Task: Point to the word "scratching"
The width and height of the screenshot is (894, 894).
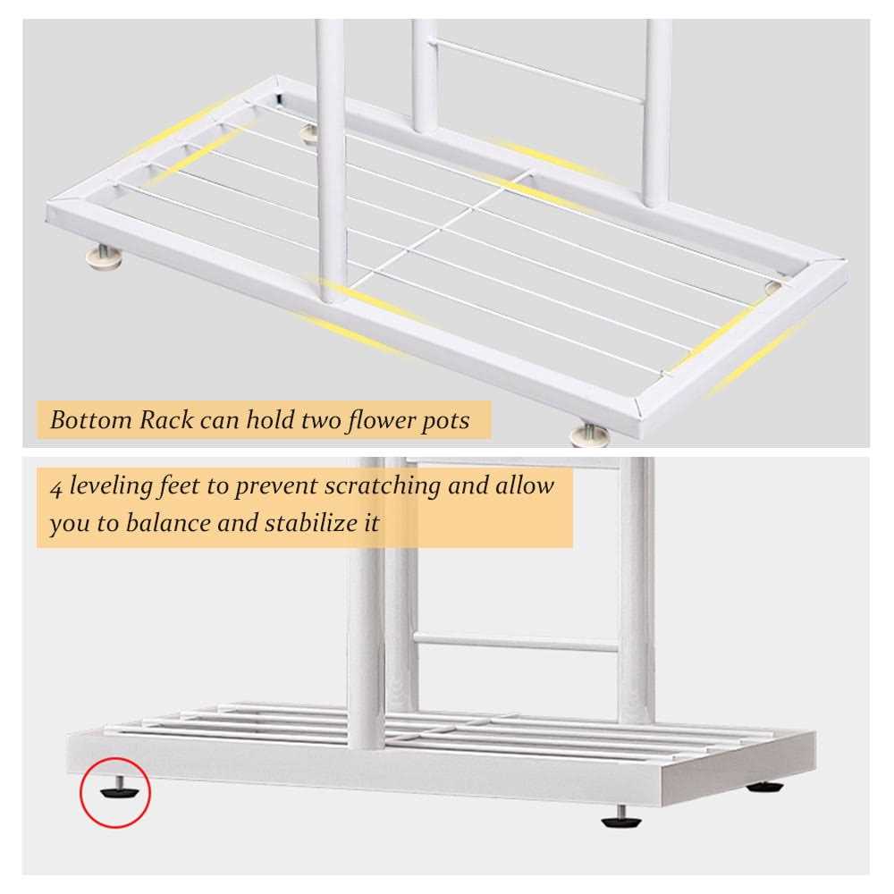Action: pyautogui.click(x=382, y=487)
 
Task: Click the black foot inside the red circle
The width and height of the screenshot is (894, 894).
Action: pyautogui.click(x=116, y=790)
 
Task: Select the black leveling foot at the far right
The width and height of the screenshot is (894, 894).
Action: pyautogui.click(x=765, y=788)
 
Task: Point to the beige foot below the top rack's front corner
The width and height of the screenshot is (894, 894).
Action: pyautogui.click(x=589, y=435)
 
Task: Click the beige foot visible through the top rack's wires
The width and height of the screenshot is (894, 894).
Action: pyautogui.click(x=309, y=134)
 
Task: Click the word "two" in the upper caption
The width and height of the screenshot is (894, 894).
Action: pyautogui.click(x=315, y=419)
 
